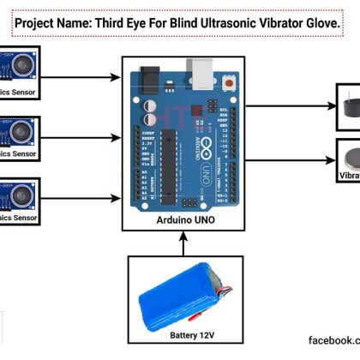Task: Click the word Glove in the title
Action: click(x=314, y=25)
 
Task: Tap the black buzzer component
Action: click(x=349, y=105)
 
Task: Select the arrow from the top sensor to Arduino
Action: click(x=81, y=76)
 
